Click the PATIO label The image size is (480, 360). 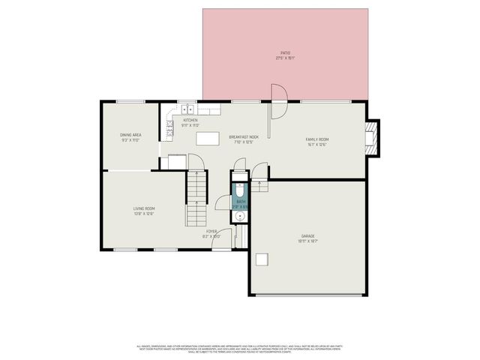coord(285,52)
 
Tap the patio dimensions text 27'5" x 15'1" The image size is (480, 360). coord(285,58)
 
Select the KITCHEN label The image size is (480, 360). coord(190,121)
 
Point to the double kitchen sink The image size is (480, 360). coord(187,110)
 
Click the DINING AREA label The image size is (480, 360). coord(130,135)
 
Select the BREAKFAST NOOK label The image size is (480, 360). coord(244,137)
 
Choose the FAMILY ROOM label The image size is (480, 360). coord(317,139)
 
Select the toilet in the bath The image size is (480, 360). coord(240,188)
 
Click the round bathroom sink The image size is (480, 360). coord(240,217)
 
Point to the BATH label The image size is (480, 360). coord(241,201)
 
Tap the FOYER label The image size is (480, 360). coord(212,232)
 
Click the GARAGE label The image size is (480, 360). coord(308,236)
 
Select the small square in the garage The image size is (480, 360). coord(262,260)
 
